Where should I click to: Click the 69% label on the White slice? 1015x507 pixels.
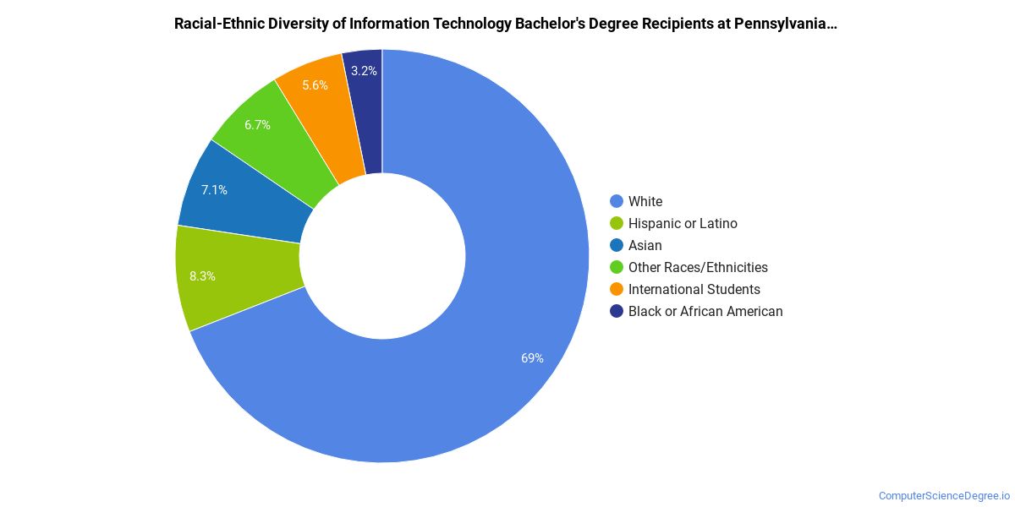click(x=532, y=358)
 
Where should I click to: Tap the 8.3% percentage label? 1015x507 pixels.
click(x=202, y=275)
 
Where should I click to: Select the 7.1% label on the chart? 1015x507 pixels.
click(x=214, y=190)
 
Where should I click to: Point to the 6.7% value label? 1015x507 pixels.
click(x=257, y=125)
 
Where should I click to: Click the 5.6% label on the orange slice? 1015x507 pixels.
click(x=315, y=85)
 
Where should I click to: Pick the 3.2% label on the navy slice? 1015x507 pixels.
click(x=364, y=71)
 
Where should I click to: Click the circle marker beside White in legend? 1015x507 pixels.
click(x=617, y=201)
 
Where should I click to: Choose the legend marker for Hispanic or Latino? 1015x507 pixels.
click(x=617, y=223)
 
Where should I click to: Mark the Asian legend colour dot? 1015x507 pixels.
click(x=617, y=245)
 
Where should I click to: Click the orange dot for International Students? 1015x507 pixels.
click(x=617, y=289)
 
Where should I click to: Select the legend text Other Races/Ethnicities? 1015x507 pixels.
click(x=698, y=267)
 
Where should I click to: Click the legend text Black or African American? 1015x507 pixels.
click(x=705, y=311)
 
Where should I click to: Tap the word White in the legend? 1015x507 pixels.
click(x=645, y=201)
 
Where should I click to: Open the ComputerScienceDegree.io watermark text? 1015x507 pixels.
click(x=944, y=496)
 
